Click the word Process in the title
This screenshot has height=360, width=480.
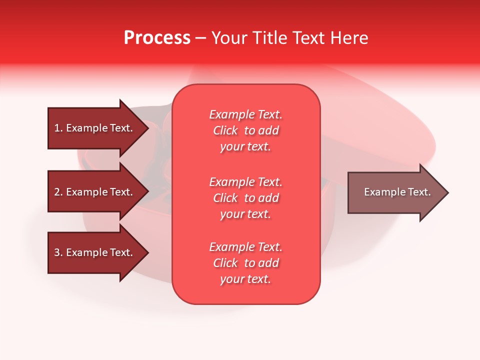pyautogui.click(x=157, y=38)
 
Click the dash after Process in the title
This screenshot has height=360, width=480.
pyautogui.click(x=201, y=38)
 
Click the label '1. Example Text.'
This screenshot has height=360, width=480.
pyautogui.click(x=93, y=128)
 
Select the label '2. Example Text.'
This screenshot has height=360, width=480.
pyautogui.click(x=93, y=192)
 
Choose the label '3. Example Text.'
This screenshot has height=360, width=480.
pyautogui.click(x=93, y=252)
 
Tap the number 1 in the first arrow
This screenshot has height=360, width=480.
pyautogui.click(x=57, y=128)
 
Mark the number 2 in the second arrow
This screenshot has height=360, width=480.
pyautogui.click(x=57, y=192)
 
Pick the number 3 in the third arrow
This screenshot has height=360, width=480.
pyautogui.click(x=57, y=252)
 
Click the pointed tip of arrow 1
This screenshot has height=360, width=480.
pyautogui.click(x=147, y=128)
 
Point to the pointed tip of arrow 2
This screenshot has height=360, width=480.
pyautogui.click(x=147, y=192)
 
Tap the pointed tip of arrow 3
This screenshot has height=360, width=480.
pyautogui.click(x=147, y=253)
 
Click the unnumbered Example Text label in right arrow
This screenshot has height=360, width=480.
pyautogui.click(x=397, y=192)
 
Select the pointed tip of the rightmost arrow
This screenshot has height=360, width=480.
pyautogui.click(x=447, y=192)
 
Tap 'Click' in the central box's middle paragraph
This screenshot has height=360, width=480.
pyautogui.click(x=225, y=198)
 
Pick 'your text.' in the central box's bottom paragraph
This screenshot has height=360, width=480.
pyautogui.click(x=245, y=279)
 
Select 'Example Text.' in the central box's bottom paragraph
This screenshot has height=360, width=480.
pyautogui.click(x=245, y=247)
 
